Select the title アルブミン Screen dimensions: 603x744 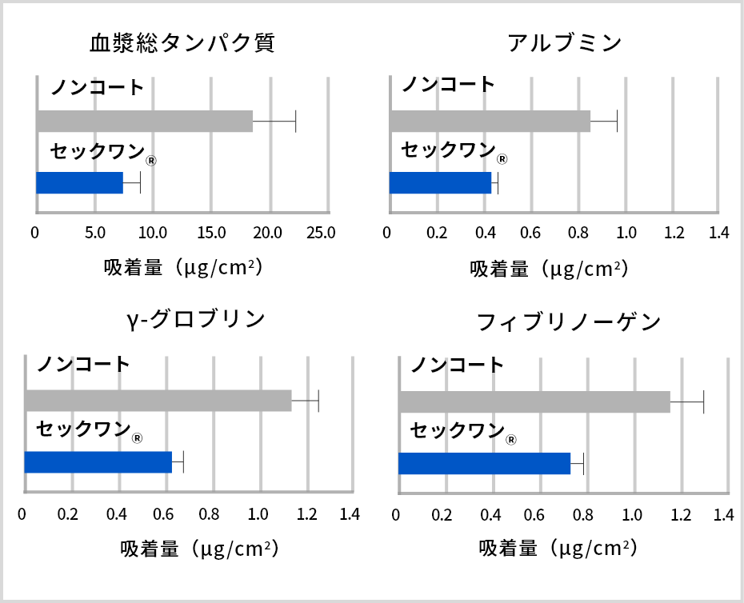[x=565, y=43]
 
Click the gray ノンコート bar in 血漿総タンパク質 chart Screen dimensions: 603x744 [x=144, y=121]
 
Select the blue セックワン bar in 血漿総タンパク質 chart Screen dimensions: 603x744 [x=79, y=182]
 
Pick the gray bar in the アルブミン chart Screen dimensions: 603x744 [x=490, y=121]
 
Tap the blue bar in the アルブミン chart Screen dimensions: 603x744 [x=440, y=182]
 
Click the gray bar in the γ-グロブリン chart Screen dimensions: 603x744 [x=158, y=400]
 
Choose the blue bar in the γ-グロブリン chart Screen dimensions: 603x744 [x=98, y=462]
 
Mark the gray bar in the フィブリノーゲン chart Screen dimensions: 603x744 [x=534, y=402]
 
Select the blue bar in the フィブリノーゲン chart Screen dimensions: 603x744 [x=484, y=463]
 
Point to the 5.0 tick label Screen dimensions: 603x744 [x=94, y=233]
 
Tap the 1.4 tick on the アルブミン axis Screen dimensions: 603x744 [x=719, y=233]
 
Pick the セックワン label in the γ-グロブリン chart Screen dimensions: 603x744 [x=83, y=429]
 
